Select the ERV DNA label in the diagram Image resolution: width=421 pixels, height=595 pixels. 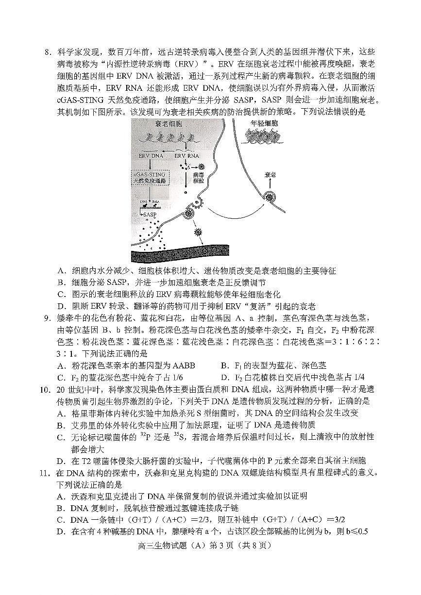(151, 156)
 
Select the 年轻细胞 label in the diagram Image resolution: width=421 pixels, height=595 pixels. (264, 124)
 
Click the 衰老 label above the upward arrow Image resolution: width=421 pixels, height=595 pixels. (270, 174)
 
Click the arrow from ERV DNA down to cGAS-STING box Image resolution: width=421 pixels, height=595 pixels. (151, 164)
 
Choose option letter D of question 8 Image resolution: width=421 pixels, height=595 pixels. (61, 306)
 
